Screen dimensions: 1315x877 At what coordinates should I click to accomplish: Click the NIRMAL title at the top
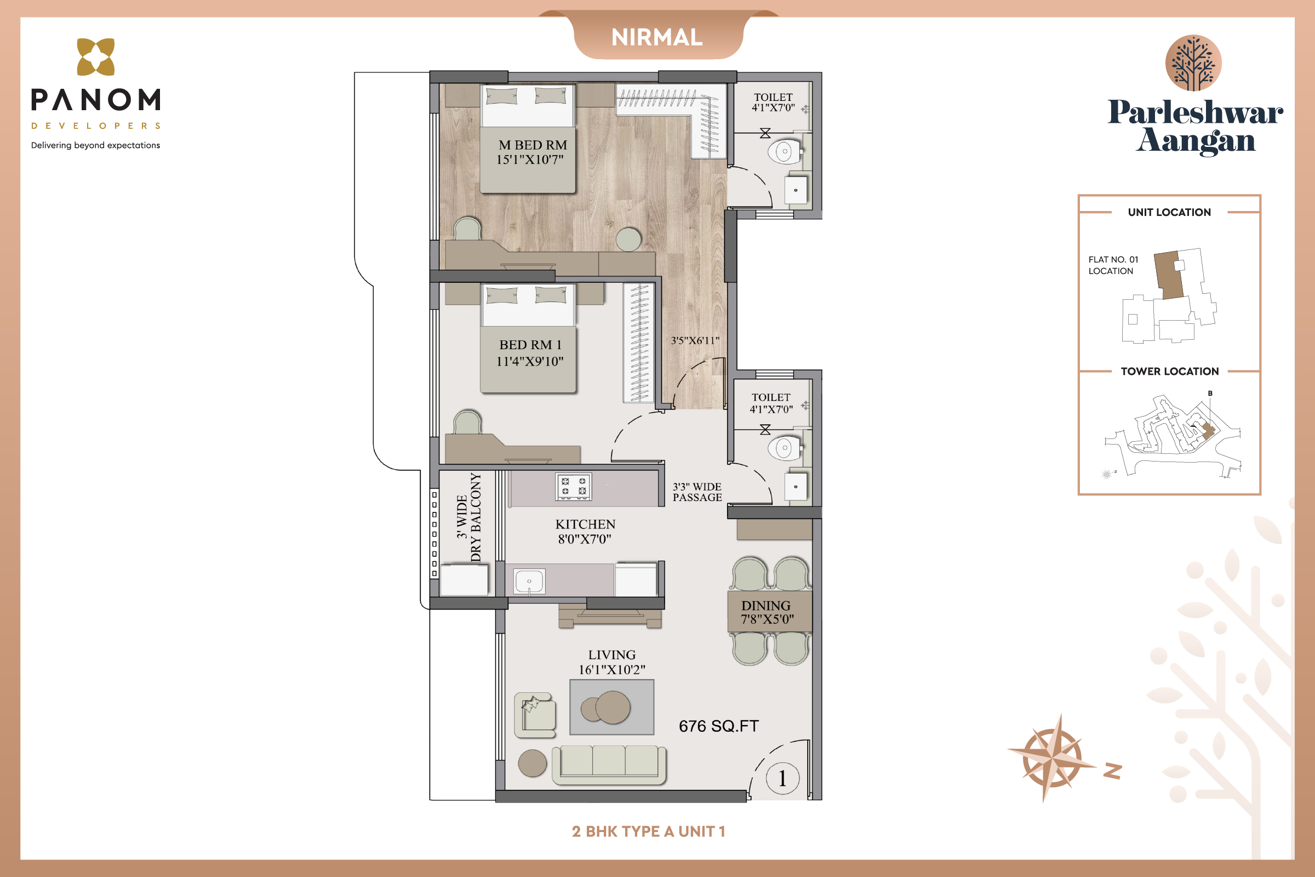point(657,37)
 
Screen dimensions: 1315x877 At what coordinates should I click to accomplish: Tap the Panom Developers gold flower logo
point(95,56)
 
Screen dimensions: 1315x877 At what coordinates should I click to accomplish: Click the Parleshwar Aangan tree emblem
point(1193,62)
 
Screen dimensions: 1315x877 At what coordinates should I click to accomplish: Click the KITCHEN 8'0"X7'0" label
point(585,531)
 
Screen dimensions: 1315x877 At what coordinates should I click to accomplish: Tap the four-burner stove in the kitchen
point(574,486)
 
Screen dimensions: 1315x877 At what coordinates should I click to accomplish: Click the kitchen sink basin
point(529,582)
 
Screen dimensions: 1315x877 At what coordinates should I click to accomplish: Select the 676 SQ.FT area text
point(718,726)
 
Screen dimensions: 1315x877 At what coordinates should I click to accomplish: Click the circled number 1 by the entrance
point(782,778)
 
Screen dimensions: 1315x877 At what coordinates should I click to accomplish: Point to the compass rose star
point(1051,758)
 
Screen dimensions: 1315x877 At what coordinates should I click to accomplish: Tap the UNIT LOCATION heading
point(1169,213)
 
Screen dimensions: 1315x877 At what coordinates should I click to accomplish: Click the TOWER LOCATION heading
point(1169,372)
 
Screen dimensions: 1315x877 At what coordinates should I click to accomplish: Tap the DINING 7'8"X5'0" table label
point(767,612)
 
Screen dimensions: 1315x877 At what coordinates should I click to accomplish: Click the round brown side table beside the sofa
point(532,763)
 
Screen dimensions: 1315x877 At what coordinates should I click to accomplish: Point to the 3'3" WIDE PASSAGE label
point(697,492)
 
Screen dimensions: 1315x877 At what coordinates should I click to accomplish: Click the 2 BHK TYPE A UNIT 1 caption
point(649,832)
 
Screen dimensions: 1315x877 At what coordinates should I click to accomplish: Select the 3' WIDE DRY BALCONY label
point(468,517)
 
